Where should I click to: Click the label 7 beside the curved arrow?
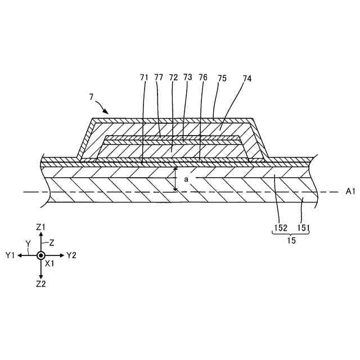point(91,97)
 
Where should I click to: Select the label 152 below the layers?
point(281,227)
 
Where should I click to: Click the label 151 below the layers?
point(304,227)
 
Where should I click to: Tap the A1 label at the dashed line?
point(350,192)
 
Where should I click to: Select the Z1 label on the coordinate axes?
point(40,227)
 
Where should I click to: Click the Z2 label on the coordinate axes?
point(40,284)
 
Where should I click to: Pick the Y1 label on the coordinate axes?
point(10,255)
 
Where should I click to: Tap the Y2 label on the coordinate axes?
point(71,255)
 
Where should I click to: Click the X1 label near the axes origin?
point(49,263)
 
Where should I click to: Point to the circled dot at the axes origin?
point(40,255)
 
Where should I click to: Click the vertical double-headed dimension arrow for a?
point(175,179)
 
